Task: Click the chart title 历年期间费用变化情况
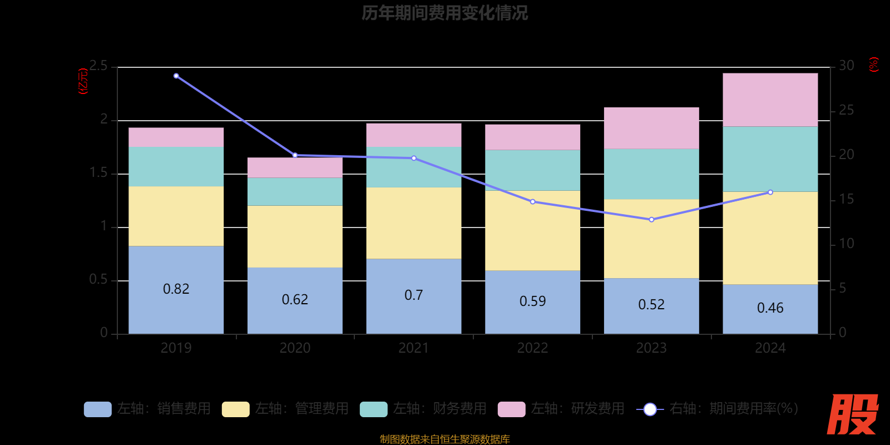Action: point(444,13)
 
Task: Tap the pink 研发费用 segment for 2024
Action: point(770,100)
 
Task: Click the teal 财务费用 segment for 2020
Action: point(295,191)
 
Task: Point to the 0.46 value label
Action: point(770,308)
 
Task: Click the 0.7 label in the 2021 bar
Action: point(413,295)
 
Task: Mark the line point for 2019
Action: point(176,76)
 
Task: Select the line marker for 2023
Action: point(651,220)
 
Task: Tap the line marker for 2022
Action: point(532,202)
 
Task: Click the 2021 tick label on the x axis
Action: point(413,348)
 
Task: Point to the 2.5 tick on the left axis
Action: point(98,66)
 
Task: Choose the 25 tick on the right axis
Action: point(846,110)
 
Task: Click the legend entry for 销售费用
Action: point(148,409)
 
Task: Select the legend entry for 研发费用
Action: point(562,409)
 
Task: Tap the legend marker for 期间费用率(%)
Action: point(650,409)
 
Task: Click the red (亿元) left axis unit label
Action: point(83,81)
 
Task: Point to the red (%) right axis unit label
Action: point(874,65)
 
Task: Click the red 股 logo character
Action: point(852,414)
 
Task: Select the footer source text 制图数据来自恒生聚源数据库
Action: point(444,439)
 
